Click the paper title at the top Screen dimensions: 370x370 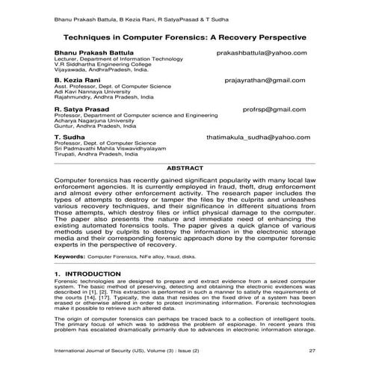pyautogui.click(x=185, y=37)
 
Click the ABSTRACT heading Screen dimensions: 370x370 pyautogui.click(x=185, y=169)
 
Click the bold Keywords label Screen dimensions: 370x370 pyautogui.click(x=70, y=256)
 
